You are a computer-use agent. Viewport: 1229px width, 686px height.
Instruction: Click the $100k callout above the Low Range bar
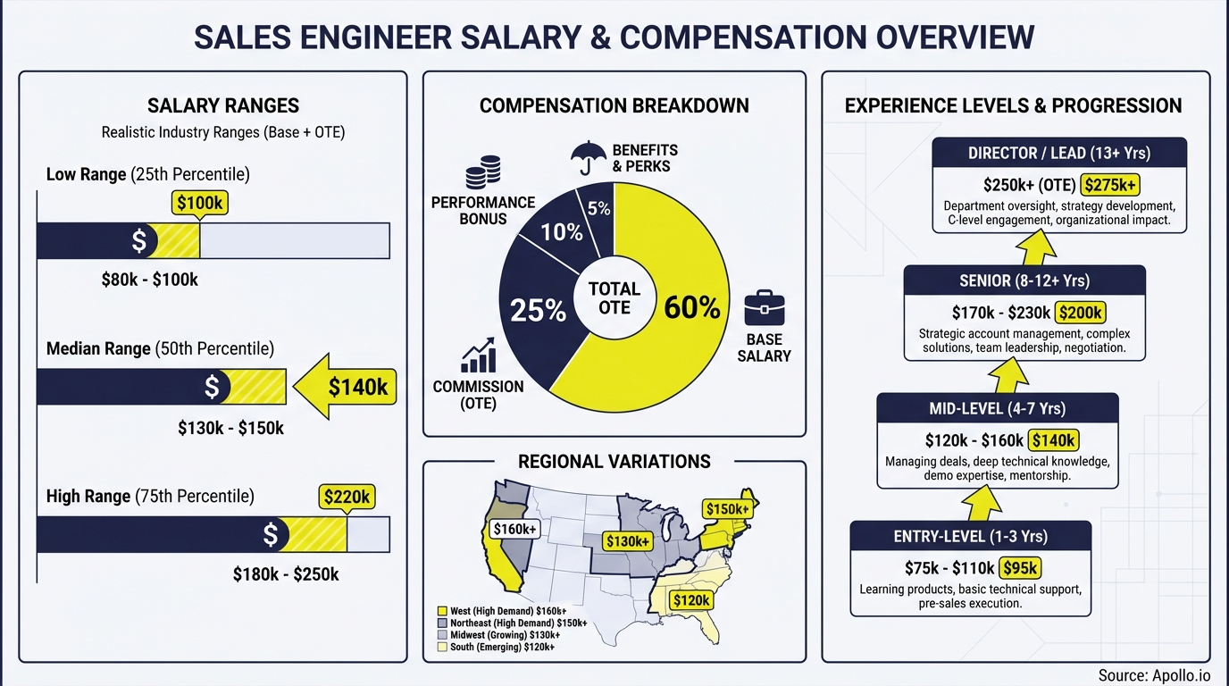199,203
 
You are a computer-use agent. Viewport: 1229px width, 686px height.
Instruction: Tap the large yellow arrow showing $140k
345,387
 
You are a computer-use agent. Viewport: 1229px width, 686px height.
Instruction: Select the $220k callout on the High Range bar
348,497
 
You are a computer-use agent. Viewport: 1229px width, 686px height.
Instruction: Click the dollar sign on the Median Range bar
212,387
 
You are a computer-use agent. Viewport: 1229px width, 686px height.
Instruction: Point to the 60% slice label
691,307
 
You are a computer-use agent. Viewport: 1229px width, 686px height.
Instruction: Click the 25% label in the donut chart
538,310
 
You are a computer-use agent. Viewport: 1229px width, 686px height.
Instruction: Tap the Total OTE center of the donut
614,298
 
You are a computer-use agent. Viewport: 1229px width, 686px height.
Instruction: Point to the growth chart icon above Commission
478,356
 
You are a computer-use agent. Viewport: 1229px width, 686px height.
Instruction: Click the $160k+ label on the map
514,528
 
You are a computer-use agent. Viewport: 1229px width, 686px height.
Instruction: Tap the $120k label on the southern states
691,600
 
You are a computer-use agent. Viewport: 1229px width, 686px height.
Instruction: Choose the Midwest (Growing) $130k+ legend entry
504,635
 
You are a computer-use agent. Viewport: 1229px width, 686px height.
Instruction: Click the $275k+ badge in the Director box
1110,186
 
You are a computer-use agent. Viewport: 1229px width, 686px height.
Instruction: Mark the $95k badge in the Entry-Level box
1020,568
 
